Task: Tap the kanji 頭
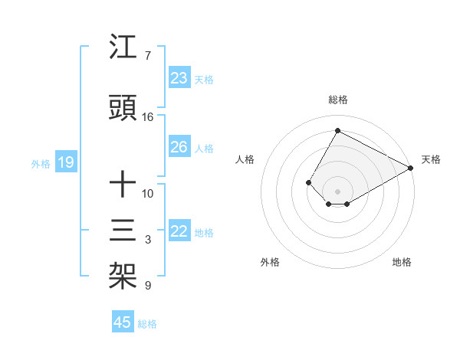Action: click(x=123, y=109)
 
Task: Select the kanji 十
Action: click(x=123, y=185)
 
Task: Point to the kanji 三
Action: click(x=123, y=231)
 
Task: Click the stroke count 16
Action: click(x=148, y=117)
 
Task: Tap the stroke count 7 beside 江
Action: click(x=147, y=56)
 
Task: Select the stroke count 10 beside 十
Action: click(x=148, y=193)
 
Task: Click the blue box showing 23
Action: click(x=179, y=78)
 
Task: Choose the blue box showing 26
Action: click(x=179, y=147)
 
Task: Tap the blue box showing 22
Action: click(x=179, y=231)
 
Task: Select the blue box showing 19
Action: click(x=65, y=162)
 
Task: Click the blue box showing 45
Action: click(x=123, y=322)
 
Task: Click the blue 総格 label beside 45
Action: click(x=147, y=324)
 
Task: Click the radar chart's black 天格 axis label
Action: click(x=431, y=159)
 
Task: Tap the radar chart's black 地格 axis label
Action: click(x=402, y=262)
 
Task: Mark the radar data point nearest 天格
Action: click(x=411, y=168)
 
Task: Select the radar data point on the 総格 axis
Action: click(x=337, y=130)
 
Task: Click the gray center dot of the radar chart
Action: click(x=337, y=191)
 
